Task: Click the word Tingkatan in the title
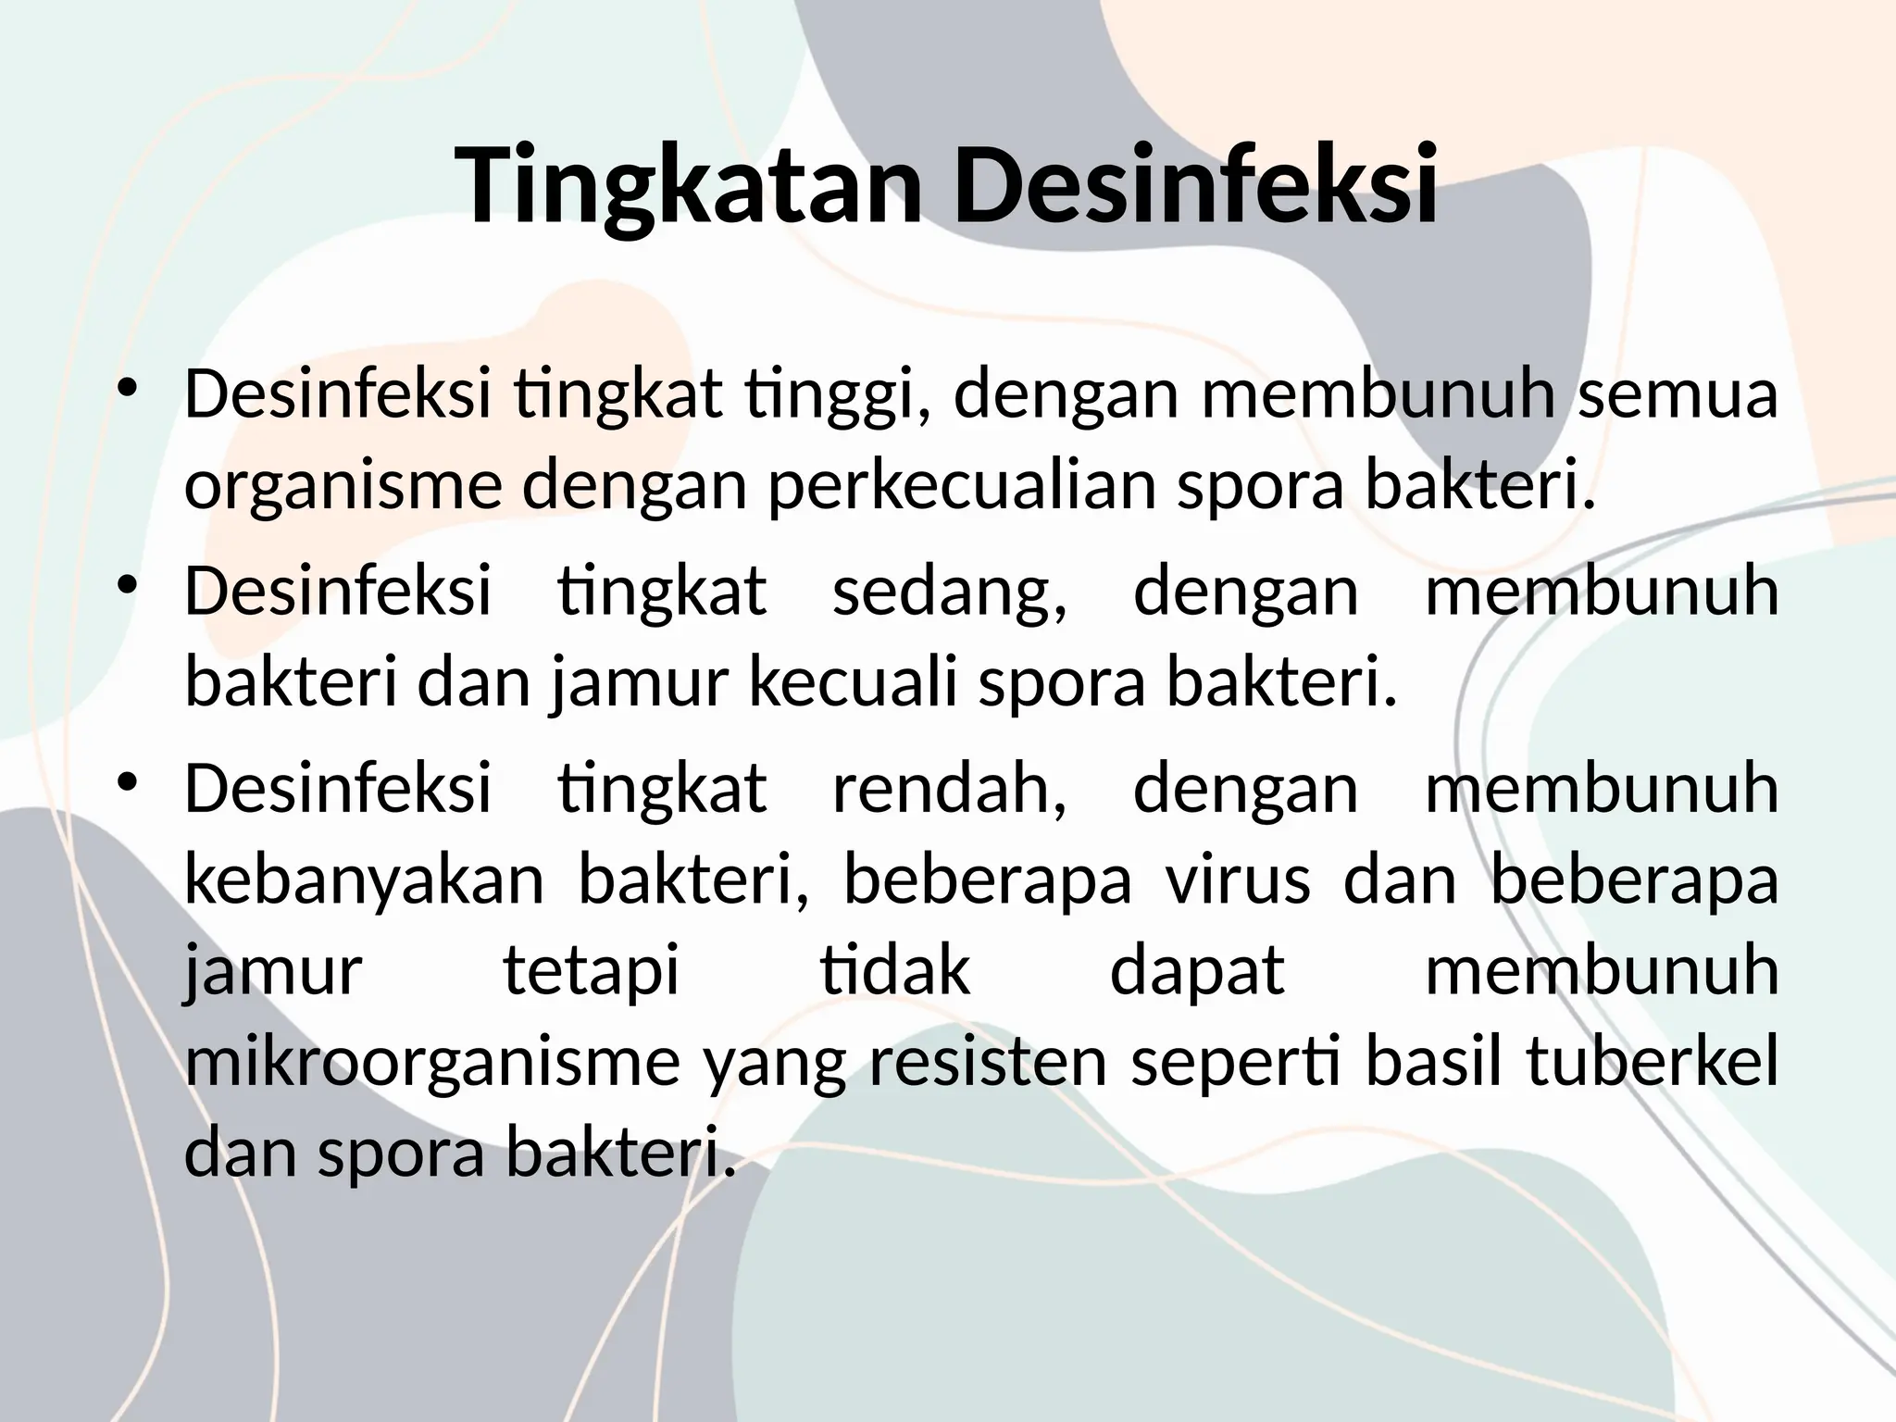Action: (x=690, y=185)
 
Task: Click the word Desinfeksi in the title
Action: (x=1195, y=185)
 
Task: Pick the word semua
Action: (x=1677, y=393)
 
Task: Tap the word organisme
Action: (x=343, y=488)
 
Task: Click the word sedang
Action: (x=949, y=592)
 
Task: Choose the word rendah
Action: (x=949, y=789)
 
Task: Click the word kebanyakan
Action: (x=365, y=881)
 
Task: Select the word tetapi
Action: (x=591, y=972)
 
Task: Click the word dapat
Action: (x=1197, y=972)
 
